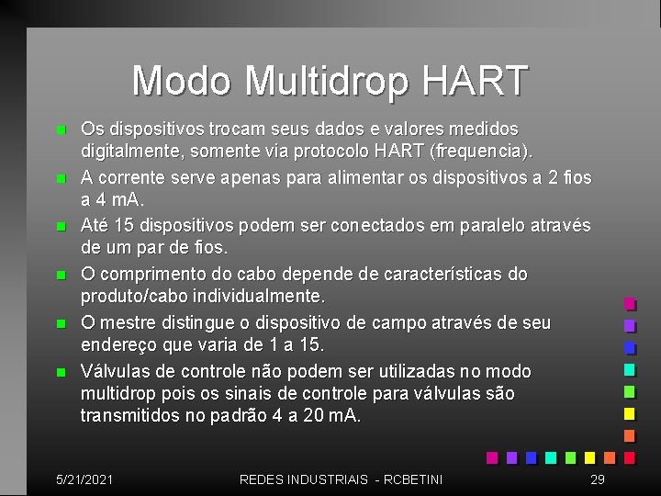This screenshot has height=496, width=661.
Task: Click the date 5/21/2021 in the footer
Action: pos(84,479)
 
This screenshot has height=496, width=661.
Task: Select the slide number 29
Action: pos(597,479)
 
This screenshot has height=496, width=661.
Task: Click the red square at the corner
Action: pos(630,457)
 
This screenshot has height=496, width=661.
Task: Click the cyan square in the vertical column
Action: pos(630,370)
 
